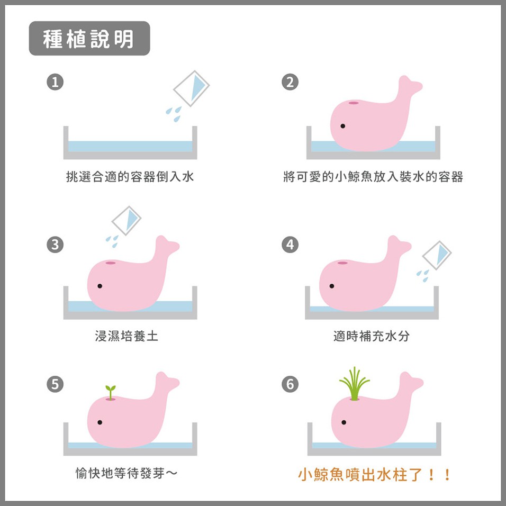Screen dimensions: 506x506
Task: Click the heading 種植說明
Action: pyautogui.click(x=88, y=39)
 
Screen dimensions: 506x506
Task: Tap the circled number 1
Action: pyautogui.click(x=55, y=82)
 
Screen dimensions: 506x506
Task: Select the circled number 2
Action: pyautogui.click(x=290, y=82)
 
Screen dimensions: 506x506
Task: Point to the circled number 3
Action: pyautogui.click(x=55, y=245)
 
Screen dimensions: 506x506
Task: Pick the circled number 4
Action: pyautogui.click(x=290, y=245)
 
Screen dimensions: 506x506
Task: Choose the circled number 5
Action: pyautogui.click(x=55, y=384)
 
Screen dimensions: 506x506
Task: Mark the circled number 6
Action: pyautogui.click(x=290, y=384)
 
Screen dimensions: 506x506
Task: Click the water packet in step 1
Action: pyautogui.click(x=192, y=88)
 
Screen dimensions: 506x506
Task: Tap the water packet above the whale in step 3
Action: pyautogui.click(x=126, y=221)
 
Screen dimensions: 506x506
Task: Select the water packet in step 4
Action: pyautogui.click(x=437, y=256)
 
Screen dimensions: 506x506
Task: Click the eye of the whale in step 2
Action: pyautogui.click(x=342, y=126)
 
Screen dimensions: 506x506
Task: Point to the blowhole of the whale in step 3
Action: pyautogui.click(x=111, y=263)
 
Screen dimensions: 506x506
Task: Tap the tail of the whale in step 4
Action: pyautogui.click(x=399, y=245)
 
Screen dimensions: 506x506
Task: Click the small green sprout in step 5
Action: pyautogui.click(x=111, y=392)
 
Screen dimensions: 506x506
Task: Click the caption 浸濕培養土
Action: pyautogui.click(x=126, y=336)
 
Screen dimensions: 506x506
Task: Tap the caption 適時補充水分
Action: pyautogui.click(x=372, y=336)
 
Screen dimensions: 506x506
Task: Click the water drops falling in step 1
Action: pyautogui.click(x=174, y=114)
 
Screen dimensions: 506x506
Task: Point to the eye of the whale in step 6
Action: pyautogui.click(x=344, y=422)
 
